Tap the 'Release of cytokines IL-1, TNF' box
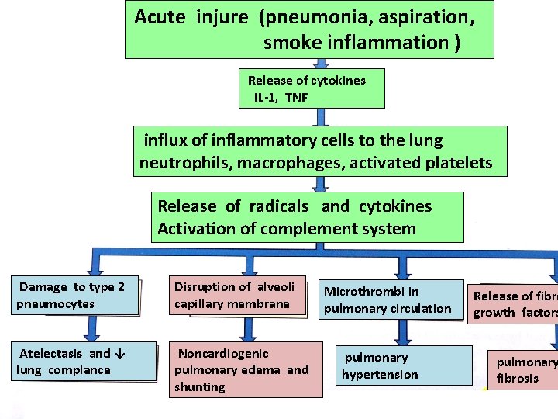[310, 89]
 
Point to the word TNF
[298, 98]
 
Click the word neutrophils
[185, 163]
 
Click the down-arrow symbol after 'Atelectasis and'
[119, 354]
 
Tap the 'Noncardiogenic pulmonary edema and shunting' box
[246, 370]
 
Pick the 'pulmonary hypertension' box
[395, 365]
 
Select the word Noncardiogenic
[224, 354]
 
